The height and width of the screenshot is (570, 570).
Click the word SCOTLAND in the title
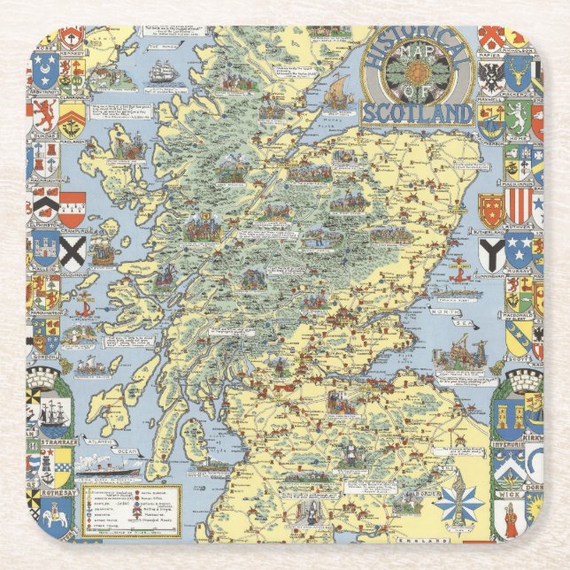click(415, 113)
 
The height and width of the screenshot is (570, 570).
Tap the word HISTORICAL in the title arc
click(417, 42)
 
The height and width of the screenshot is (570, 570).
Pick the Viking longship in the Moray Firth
click(337, 88)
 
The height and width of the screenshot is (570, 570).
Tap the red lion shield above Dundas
click(46, 114)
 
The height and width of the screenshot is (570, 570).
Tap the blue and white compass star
click(457, 501)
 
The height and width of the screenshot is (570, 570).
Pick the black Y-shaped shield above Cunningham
click(491, 253)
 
